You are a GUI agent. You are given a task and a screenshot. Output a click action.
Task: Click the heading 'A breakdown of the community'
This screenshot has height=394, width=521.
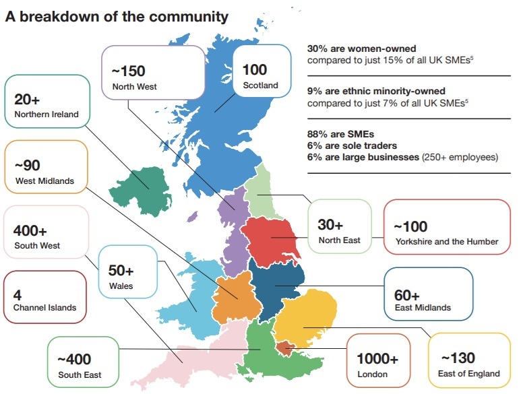coord(117,16)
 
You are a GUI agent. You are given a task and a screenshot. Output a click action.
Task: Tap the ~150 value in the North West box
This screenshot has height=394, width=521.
coord(129,70)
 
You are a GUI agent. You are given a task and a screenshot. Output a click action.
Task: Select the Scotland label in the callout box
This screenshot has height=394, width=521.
coord(260,86)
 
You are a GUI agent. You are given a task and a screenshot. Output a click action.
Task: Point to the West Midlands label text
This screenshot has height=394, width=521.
coord(44,180)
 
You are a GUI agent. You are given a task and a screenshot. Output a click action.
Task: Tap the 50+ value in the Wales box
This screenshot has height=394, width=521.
coord(121,270)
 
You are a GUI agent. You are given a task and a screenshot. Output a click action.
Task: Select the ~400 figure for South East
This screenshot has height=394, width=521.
coord(74,359)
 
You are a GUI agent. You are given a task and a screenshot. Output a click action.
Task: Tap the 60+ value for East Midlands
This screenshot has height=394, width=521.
coord(407,294)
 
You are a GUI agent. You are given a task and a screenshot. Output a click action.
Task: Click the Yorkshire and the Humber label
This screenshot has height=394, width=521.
coord(446,242)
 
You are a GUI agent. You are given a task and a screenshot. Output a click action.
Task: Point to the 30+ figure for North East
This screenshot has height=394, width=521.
coord(330,225)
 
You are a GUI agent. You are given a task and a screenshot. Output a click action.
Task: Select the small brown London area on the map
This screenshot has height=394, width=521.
coord(286,347)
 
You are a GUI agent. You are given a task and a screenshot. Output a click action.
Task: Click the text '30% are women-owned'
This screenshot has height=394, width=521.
coord(361,48)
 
